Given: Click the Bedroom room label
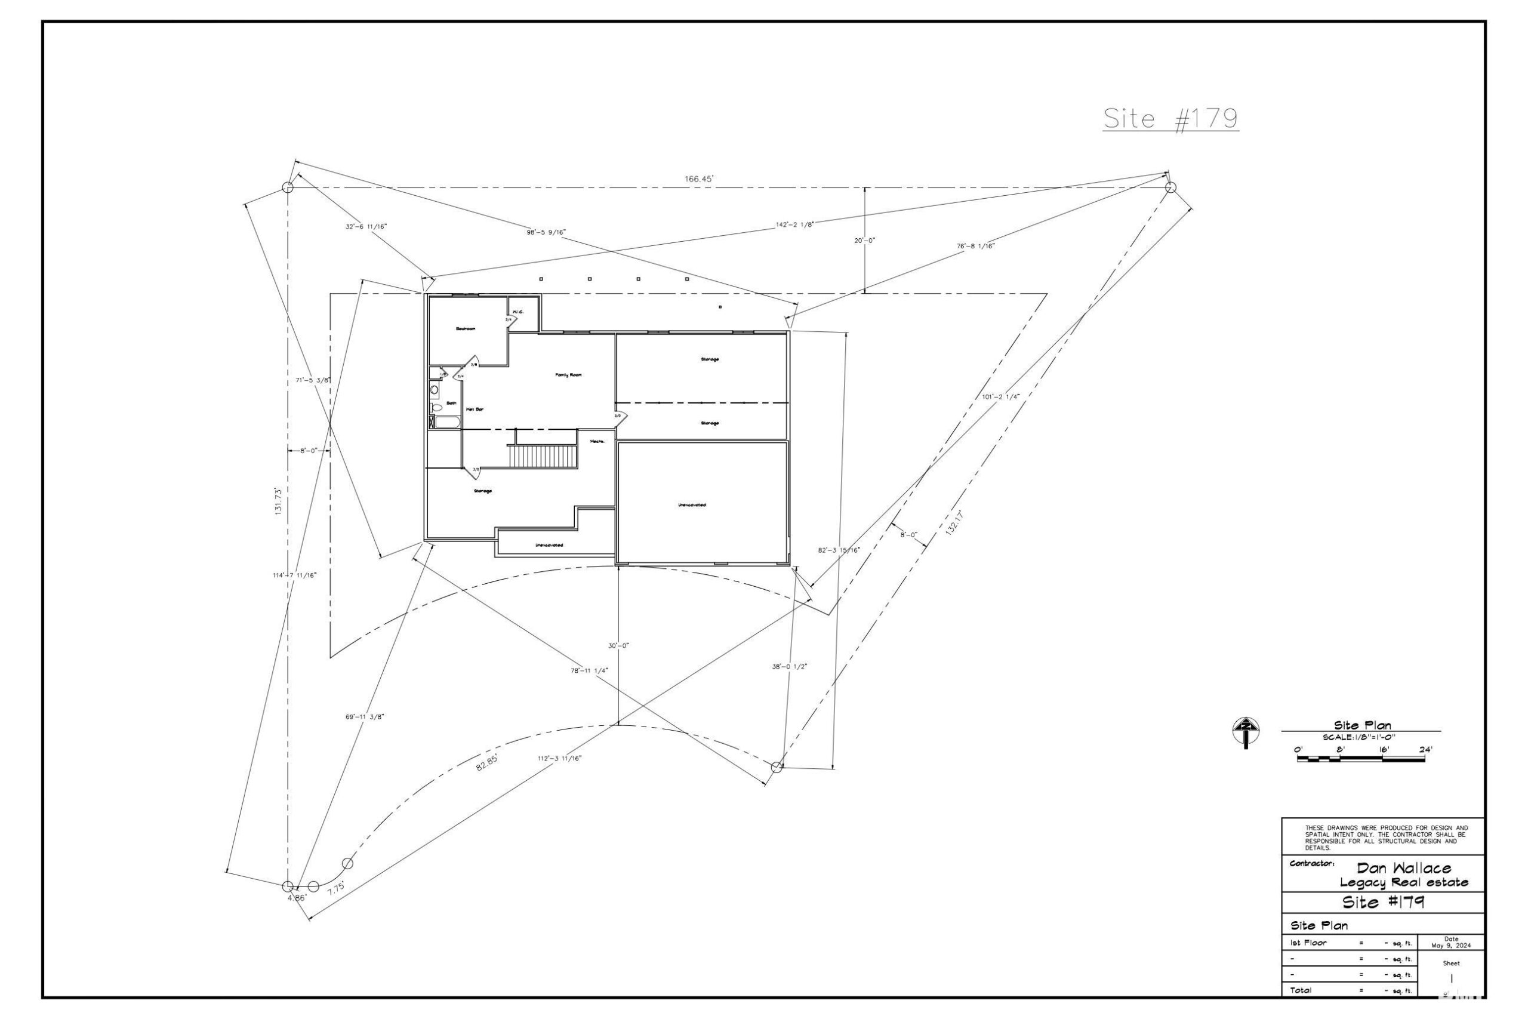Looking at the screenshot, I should coord(465,329).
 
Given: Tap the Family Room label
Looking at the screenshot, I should coord(568,375).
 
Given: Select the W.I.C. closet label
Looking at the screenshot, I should coord(517,312).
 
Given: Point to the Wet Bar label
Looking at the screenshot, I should coord(475,410).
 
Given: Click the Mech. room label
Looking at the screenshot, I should coord(597,442).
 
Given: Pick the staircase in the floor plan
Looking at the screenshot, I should coord(544,456).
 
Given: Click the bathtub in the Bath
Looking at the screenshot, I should coord(447,423).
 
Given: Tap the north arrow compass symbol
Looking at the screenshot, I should coord(1246,731).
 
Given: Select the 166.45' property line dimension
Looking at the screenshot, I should coord(699,178).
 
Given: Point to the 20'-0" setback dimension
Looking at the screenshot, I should coord(864,241).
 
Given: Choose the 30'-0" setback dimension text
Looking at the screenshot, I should coord(618,646).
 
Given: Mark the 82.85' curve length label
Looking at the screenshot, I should coord(488,762).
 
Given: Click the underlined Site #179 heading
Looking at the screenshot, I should coord(1170,118).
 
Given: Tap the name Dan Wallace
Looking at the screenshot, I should coord(1403,868).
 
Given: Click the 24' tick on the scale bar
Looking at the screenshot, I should coord(1425,749).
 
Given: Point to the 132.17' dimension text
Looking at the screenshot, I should coord(954,522).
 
